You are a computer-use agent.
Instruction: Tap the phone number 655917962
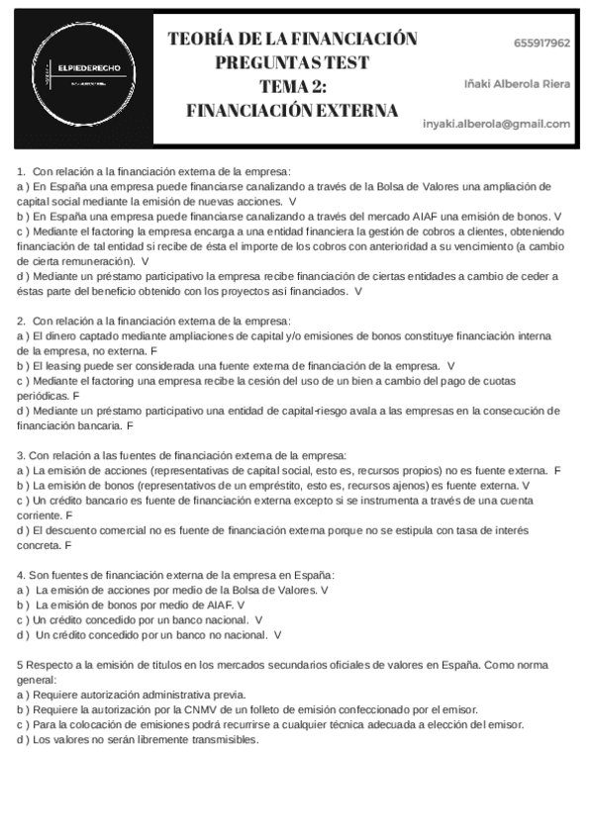[x=542, y=44]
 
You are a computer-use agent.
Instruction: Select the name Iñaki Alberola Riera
[x=517, y=83]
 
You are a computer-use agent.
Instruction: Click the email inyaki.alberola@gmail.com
[x=496, y=124]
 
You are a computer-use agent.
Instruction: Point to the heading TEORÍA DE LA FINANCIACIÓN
[x=292, y=40]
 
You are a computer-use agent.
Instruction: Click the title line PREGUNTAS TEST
[x=292, y=62]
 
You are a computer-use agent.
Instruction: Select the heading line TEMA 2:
[x=292, y=86]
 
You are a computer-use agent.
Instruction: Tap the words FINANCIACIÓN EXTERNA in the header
[x=292, y=110]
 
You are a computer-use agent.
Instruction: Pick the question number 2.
[x=21, y=321]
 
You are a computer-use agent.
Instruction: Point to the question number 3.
[x=21, y=455]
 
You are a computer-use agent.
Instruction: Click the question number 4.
[x=21, y=575]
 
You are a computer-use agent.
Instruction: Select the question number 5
[x=21, y=664]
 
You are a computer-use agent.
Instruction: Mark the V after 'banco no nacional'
[x=277, y=635]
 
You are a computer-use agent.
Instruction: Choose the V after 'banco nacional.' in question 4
[x=258, y=620]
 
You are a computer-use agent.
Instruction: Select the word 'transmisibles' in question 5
[x=224, y=739]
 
